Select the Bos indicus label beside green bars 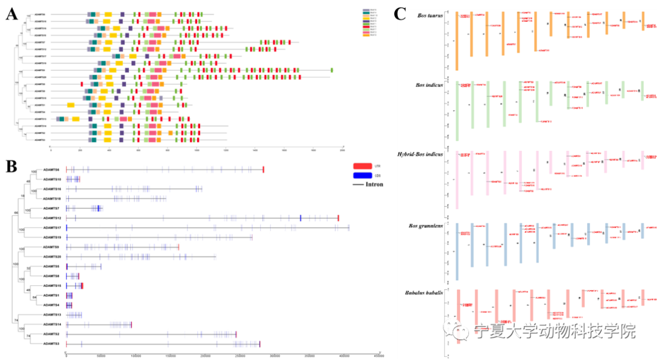pyautogui.click(x=428, y=85)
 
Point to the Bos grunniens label pyautogui.click(x=426, y=226)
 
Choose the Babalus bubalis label pyautogui.click(x=423, y=294)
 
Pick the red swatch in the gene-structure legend pyautogui.click(x=362, y=165)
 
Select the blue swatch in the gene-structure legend pyautogui.click(x=362, y=175)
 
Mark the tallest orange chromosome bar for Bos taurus pyautogui.click(x=457, y=41)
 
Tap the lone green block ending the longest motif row pyautogui.click(x=332, y=71)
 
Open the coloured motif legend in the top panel pyautogui.click(x=369, y=22)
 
